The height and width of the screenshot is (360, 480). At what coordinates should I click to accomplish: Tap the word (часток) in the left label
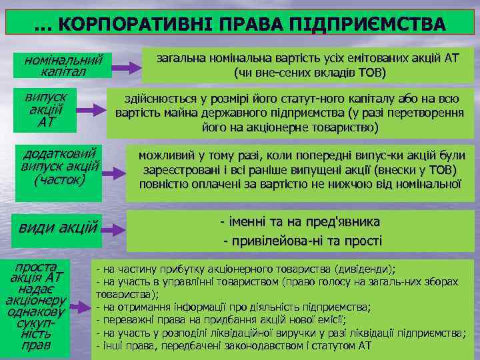point(59,179)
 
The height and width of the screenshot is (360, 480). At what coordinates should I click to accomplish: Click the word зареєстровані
point(179,169)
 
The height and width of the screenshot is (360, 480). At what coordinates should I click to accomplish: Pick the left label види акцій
point(58,227)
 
